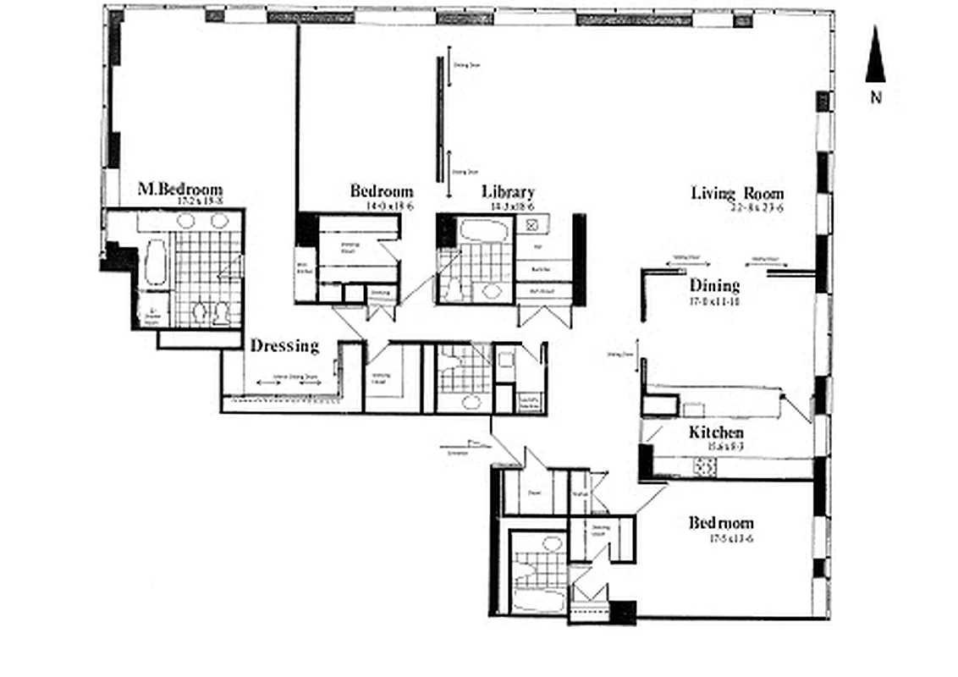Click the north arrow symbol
(x=875, y=55)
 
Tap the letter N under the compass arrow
(x=876, y=96)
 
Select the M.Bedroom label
(x=179, y=189)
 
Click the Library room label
(x=508, y=192)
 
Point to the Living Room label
(x=737, y=193)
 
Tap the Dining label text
(x=714, y=285)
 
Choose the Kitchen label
(x=716, y=432)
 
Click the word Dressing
(x=284, y=345)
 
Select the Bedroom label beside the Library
(x=382, y=191)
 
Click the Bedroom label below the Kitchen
(x=720, y=523)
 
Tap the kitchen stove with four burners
(x=705, y=466)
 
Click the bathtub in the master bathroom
(x=156, y=263)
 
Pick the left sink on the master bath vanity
(x=186, y=221)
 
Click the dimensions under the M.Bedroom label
(x=201, y=202)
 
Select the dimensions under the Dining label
(x=715, y=300)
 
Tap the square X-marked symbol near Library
(x=533, y=224)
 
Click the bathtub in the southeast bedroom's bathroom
(x=537, y=602)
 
